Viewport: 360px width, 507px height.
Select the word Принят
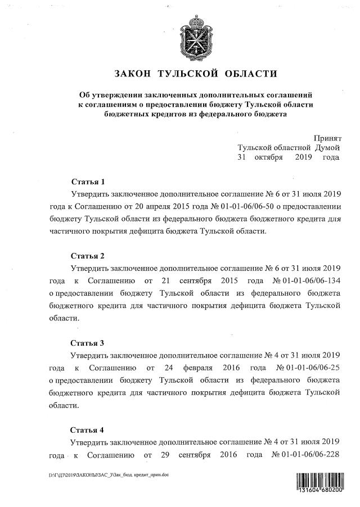click(327, 138)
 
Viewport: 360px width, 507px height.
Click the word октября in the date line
click(268, 157)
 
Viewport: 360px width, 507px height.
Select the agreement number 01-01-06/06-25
click(310, 368)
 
